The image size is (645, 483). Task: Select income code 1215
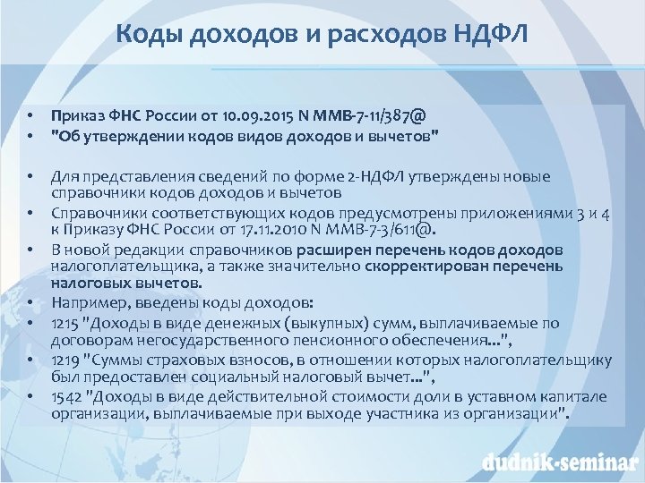click(65, 322)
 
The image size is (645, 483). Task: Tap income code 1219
click(65, 360)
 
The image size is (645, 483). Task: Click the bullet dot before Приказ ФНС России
click(30, 117)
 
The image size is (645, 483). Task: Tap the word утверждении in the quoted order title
click(125, 136)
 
